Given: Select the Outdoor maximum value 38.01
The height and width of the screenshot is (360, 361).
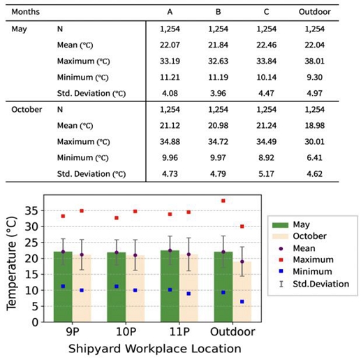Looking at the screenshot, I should [x=315, y=60].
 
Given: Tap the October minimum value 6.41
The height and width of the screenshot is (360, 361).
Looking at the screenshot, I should [x=315, y=158].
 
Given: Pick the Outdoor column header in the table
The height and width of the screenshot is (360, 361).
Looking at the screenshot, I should [x=315, y=13].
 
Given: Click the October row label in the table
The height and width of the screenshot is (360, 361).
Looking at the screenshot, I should [x=27, y=110].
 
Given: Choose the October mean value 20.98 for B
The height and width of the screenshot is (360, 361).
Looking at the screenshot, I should [x=219, y=126].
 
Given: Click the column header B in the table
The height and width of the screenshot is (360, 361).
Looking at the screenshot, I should [x=219, y=13].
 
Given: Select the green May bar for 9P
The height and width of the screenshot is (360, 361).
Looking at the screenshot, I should [x=63, y=287].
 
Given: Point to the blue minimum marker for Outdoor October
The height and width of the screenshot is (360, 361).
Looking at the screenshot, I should [x=242, y=301].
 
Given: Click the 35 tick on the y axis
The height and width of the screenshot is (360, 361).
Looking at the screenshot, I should [x=31, y=210].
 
